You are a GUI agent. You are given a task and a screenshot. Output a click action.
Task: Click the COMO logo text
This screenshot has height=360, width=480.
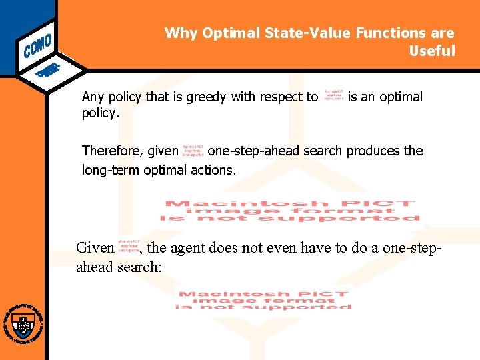pyautogui.click(x=37, y=41)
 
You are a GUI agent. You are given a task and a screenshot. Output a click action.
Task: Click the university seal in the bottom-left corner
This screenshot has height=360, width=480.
pyautogui.click(x=23, y=325)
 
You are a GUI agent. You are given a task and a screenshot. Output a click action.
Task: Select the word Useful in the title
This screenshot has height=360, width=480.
pyautogui.click(x=432, y=51)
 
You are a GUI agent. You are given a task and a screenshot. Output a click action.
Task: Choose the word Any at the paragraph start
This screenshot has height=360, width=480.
pyautogui.click(x=93, y=97)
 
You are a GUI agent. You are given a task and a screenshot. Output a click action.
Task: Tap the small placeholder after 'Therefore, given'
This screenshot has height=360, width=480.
pyautogui.click(x=193, y=150)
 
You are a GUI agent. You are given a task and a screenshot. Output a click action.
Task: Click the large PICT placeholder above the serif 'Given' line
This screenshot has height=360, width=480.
pyautogui.click(x=290, y=211)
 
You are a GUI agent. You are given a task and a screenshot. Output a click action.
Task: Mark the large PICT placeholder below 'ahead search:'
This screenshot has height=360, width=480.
pyautogui.click(x=263, y=300)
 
